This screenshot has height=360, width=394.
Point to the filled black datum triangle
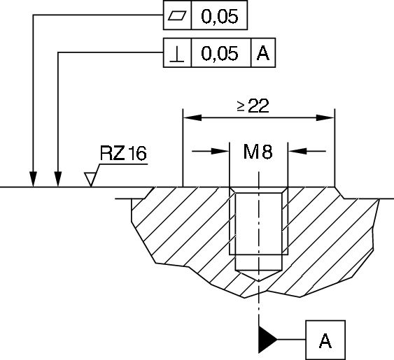pyautogui.click(x=267, y=340)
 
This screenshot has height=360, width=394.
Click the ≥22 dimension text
pyautogui.click(x=253, y=106)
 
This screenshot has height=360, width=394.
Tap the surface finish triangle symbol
pyautogui.click(x=91, y=180)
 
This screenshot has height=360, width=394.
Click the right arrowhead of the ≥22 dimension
pyautogui.click(x=327, y=117)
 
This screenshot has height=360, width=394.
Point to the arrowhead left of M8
pyautogui.click(x=223, y=151)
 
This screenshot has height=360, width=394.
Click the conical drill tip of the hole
pyautogui.click(x=260, y=275)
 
